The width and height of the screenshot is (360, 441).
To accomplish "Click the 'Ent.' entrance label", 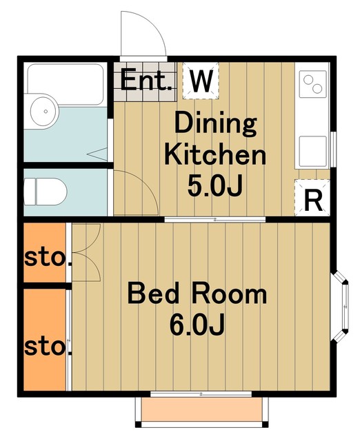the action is tap(146, 80).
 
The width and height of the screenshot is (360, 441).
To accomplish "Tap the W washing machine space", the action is tap(201, 81).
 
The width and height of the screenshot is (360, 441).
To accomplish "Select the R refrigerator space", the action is tap(312, 198).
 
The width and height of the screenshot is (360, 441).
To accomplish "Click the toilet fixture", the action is tap(45, 192).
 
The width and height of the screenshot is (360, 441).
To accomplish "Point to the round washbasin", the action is tap(43, 112).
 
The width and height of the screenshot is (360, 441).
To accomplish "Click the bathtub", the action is tap(66, 84).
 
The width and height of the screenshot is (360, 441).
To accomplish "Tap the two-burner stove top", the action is tap(313, 84).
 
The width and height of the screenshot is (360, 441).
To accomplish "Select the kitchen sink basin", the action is tap(312, 152).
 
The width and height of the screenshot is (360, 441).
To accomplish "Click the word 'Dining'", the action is tap(216, 123).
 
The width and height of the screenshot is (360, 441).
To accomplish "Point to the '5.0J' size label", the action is tap(214, 185).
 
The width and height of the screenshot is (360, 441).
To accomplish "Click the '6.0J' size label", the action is tap(197, 325).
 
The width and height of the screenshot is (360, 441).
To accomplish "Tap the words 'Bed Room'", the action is tap(197, 294).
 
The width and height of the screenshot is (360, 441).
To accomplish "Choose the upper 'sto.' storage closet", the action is tap(45, 252).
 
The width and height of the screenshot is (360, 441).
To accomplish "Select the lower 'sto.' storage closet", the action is tap(45, 340).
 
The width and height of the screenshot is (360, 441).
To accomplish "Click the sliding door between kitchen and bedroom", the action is tap(214, 219).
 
